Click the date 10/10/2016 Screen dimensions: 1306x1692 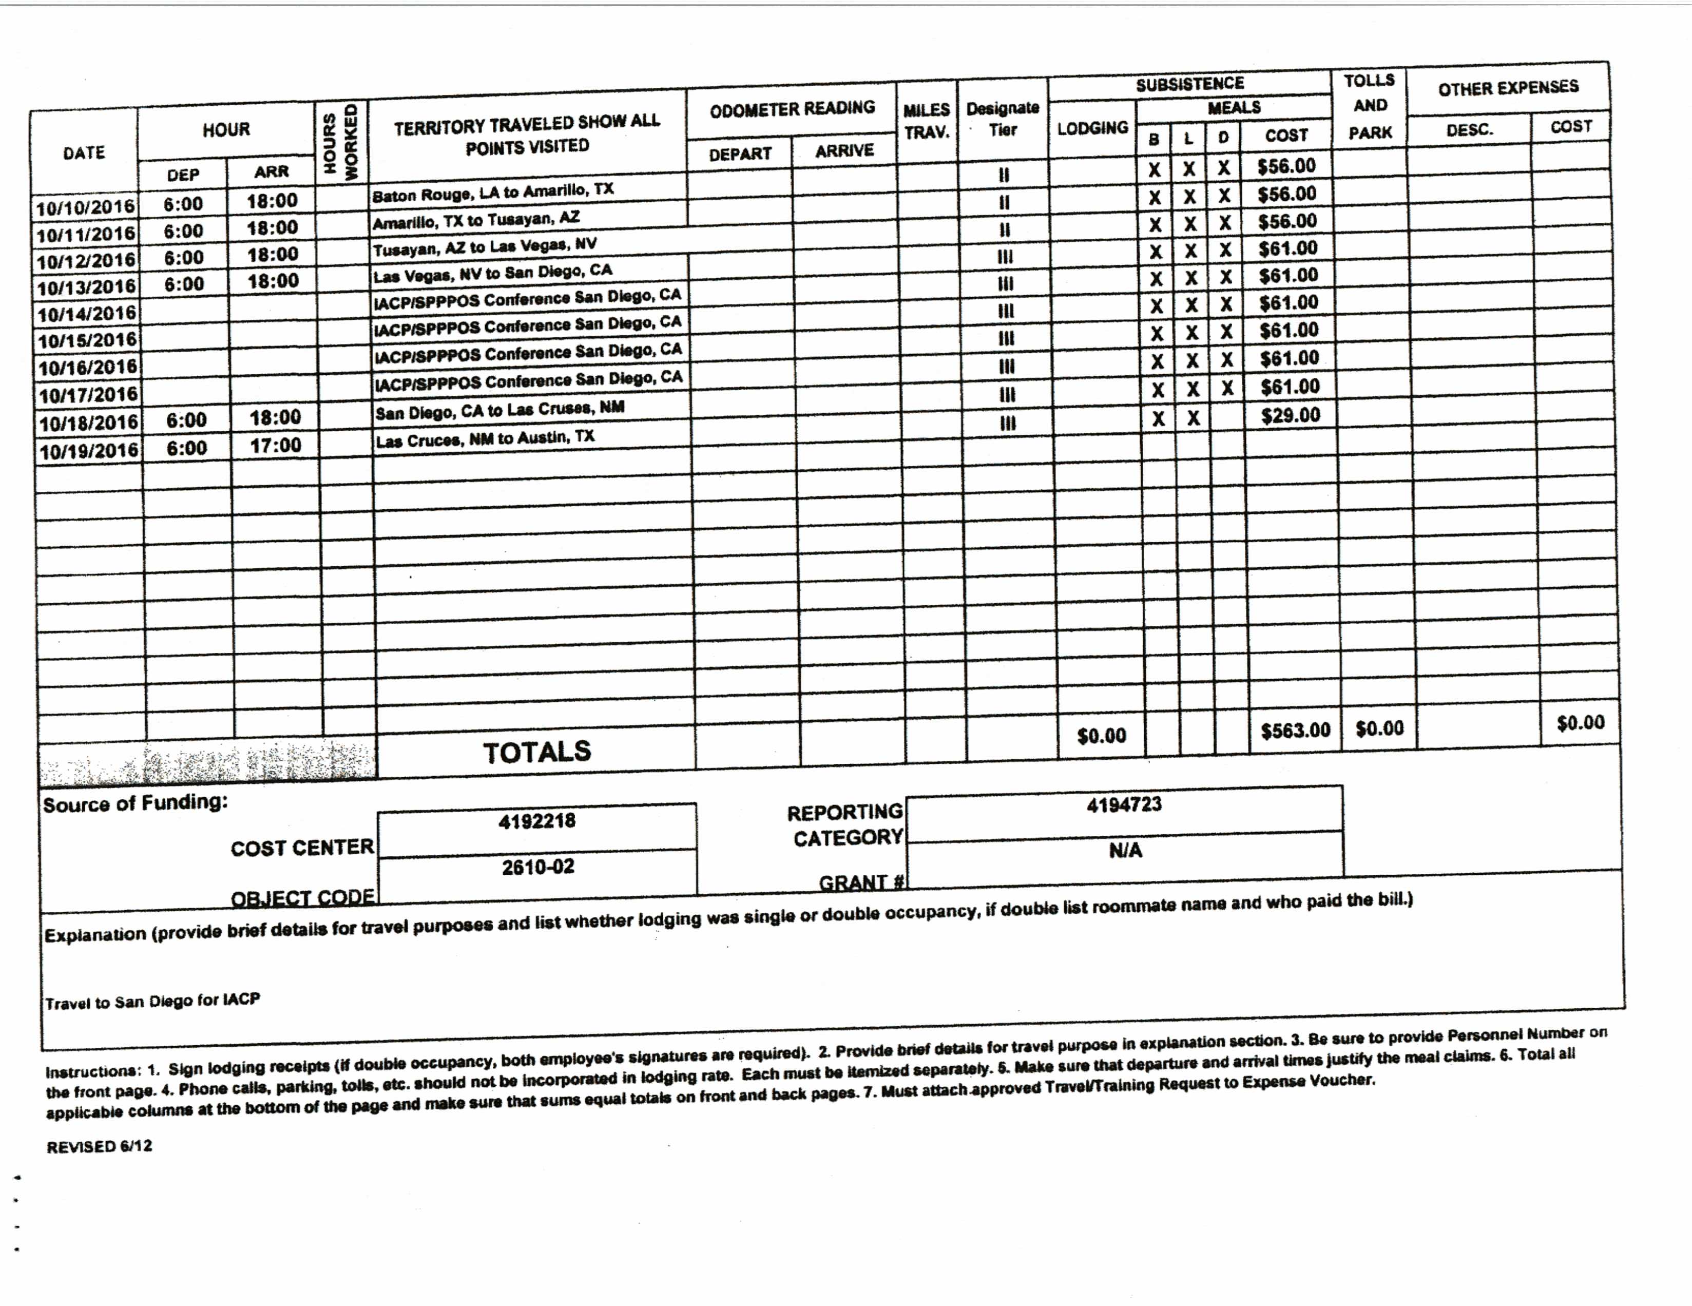[x=85, y=207]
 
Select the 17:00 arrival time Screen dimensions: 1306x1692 [x=275, y=446]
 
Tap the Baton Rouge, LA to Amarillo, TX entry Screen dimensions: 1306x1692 [x=493, y=192]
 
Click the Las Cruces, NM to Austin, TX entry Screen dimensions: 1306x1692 [x=485, y=439]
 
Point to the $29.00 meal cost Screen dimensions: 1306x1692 [x=1290, y=416]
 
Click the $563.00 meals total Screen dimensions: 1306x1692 [x=1295, y=731]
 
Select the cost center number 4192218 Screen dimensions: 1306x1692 [x=537, y=821]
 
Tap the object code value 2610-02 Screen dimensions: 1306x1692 [x=537, y=867]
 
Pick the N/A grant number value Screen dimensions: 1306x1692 [x=1125, y=851]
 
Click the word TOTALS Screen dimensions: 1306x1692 [x=537, y=752]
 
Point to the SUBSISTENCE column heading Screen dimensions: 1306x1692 [x=1189, y=84]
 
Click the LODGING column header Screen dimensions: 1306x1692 [x=1092, y=128]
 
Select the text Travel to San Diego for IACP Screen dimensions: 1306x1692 [x=152, y=1002]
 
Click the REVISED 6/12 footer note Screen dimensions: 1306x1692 [x=99, y=1146]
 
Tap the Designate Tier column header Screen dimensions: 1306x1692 [x=1003, y=119]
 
